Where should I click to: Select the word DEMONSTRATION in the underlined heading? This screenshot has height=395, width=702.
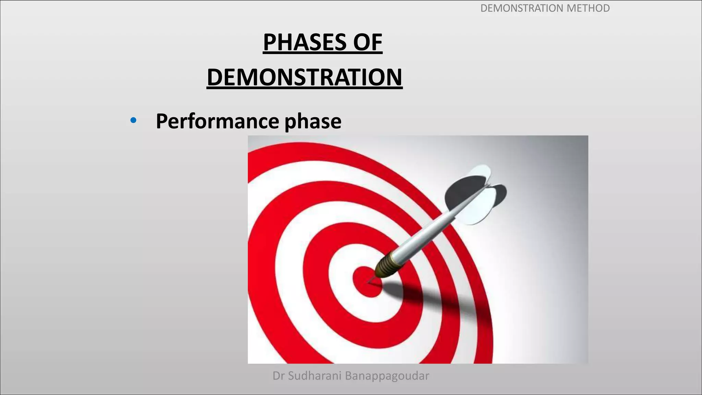[304, 77]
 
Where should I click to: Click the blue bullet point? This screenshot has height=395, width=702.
[133, 120]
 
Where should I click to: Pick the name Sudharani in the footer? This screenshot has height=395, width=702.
[315, 376]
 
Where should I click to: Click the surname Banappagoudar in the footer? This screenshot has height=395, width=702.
[387, 376]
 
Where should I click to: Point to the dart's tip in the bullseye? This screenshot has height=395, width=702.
[370, 282]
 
